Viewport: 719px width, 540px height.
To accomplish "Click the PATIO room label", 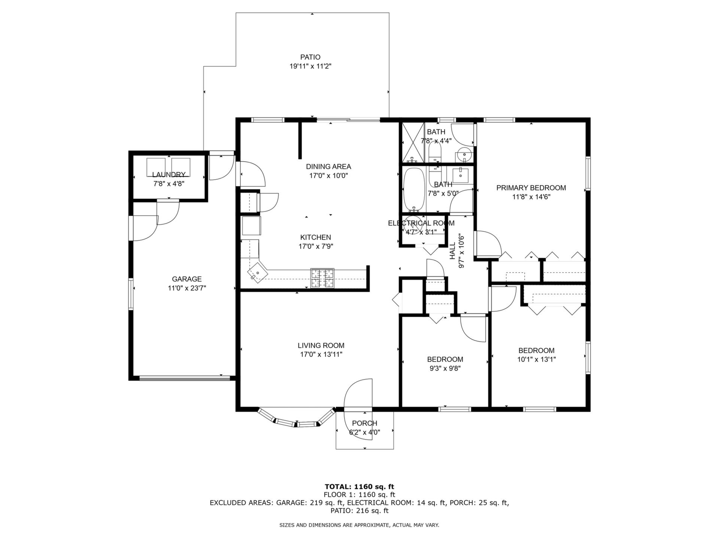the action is tap(310, 57).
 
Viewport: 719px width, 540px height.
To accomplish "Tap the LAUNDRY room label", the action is tap(169, 174).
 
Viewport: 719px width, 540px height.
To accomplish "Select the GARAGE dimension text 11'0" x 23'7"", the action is tap(187, 288).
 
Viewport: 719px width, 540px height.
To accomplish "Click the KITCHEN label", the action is tap(316, 237).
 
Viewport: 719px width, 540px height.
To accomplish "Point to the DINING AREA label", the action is tap(328, 166).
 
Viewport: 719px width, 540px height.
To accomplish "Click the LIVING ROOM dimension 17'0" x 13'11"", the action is tap(321, 354).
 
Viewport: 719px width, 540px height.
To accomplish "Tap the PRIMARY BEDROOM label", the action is tap(531, 188).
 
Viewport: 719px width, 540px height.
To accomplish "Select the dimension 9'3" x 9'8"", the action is tap(445, 368).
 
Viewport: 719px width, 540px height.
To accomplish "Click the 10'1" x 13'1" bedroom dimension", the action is tap(536, 359).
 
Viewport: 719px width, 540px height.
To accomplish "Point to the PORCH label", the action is tap(364, 423).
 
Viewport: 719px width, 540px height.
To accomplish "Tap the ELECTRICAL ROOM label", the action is tap(421, 223).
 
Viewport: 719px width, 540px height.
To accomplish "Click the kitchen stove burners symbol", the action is tap(322, 279).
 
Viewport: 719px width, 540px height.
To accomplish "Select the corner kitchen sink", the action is tap(258, 272).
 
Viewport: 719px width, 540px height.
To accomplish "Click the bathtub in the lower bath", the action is tap(414, 190).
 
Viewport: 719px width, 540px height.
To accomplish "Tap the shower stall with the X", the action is tap(413, 142).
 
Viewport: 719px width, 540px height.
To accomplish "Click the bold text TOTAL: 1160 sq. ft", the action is tap(359, 487).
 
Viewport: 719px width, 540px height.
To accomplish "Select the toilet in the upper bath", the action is tap(434, 153).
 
